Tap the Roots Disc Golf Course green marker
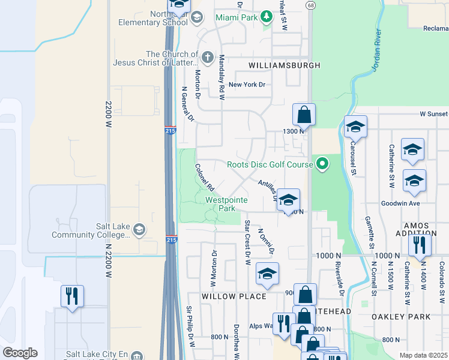(x=323, y=163)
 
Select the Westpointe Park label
(x=220, y=204)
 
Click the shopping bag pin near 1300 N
(x=304, y=115)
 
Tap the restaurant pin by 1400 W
(x=420, y=244)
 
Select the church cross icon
(x=208, y=58)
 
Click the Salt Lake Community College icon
(x=139, y=230)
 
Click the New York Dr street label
(x=247, y=85)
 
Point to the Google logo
(x=20, y=353)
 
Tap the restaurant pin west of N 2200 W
(x=72, y=295)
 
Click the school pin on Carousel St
(x=355, y=127)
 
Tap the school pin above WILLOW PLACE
(x=267, y=274)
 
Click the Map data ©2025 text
(x=423, y=355)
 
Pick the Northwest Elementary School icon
(x=196, y=18)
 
